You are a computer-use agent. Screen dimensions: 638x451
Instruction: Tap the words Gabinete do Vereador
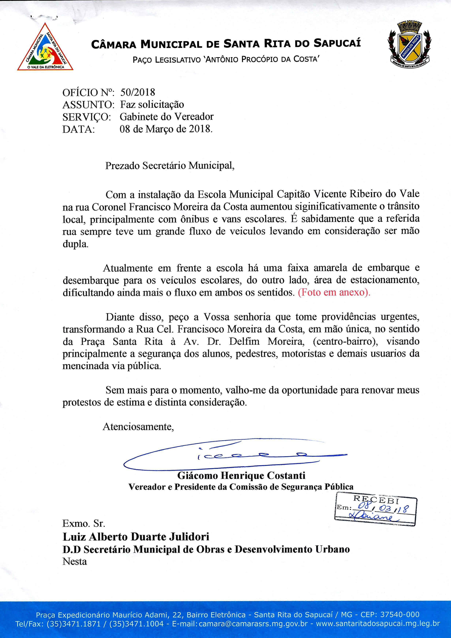pyautogui.click(x=166, y=117)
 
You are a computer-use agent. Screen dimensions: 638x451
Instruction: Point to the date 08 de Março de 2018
pyautogui.click(x=166, y=129)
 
